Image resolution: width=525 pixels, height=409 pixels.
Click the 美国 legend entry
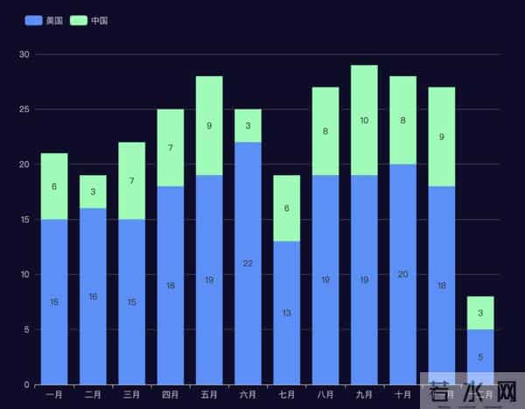[44, 20]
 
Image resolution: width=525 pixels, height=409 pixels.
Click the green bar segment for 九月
[364, 120]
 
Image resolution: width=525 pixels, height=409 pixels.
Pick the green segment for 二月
[93, 192]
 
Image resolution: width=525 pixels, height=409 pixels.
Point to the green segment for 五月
[209, 125]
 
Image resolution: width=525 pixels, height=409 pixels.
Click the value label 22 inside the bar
[248, 264]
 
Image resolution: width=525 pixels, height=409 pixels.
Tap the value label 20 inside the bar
[402, 274]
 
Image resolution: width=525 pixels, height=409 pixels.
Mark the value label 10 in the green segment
[364, 120]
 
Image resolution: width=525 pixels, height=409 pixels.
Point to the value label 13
[286, 313]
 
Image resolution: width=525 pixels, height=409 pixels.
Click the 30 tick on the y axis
[24, 54]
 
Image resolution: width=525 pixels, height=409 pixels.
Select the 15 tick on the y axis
[24, 220]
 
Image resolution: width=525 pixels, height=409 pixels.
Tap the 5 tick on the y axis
[27, 329]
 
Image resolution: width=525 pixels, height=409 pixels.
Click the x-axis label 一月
[54, 395]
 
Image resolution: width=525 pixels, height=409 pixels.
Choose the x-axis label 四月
[171, 395]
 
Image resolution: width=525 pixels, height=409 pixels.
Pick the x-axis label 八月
[325, 395]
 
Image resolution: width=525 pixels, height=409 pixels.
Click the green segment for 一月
[54, 186]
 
